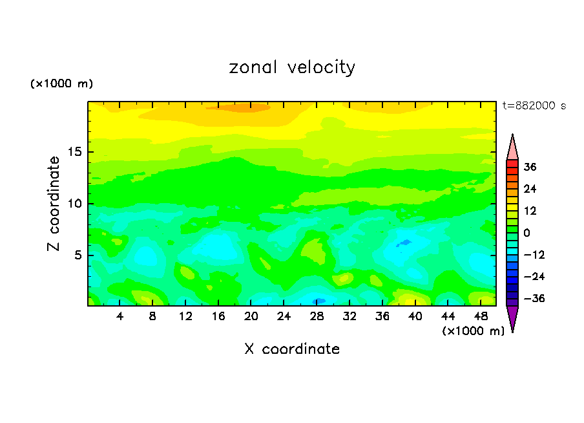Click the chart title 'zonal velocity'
292,67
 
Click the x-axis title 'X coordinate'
292,349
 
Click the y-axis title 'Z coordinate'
54,204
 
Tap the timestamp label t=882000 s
534,106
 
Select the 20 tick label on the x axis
251,316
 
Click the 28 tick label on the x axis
317,316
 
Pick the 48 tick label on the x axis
480,316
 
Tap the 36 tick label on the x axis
382,316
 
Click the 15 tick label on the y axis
74,152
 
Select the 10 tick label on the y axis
74,204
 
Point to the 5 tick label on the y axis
78,255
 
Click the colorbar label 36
530,167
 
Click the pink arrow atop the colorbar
512,148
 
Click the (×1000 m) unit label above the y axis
61,84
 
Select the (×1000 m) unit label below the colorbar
473,331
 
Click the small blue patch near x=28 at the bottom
318,301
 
